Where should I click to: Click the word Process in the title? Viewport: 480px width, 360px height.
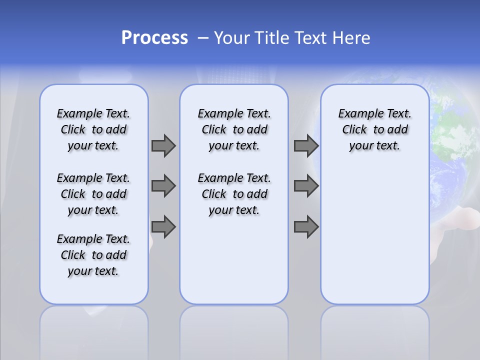(154, 38)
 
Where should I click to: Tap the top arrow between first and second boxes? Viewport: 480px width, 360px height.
(163, 145)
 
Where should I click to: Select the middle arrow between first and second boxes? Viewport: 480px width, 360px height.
(163, 186)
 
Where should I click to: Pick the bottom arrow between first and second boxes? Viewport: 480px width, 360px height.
(163, 227)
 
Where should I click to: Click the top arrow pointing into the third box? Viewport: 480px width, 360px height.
(306, 145)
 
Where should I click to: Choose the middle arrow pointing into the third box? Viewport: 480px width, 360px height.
(306, 186)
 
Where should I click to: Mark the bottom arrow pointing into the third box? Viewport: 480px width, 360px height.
(306, 227)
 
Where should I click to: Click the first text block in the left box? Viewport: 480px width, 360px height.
(93, 129)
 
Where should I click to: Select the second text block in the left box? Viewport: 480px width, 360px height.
(93, 194)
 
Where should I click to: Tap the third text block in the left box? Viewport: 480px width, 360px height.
(93, 255)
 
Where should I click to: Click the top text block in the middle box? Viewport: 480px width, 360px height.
(234, 129)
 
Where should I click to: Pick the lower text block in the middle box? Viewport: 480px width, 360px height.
(234, 194)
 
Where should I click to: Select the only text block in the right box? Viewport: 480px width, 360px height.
(374, 129)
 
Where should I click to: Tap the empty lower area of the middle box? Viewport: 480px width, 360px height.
(234, 260)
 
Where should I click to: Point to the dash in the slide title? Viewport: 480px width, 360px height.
(202, 38)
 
